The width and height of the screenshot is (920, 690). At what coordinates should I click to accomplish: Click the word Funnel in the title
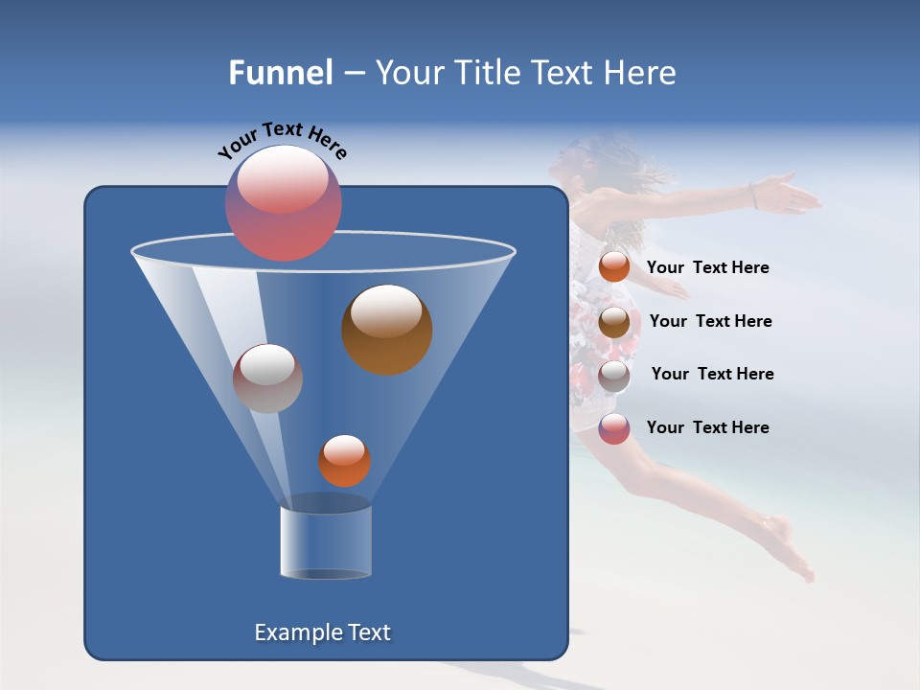280,73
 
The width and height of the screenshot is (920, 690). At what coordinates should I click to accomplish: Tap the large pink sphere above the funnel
284,203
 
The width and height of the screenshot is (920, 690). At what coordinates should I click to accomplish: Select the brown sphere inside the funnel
387,330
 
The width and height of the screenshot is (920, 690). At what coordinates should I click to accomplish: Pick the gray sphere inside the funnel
267,379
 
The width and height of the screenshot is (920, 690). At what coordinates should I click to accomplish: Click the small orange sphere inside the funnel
344,461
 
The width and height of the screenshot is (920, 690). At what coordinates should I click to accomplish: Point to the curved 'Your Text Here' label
283,140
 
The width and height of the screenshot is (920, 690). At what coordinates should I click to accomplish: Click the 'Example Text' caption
323,632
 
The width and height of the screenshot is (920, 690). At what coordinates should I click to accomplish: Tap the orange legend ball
614,267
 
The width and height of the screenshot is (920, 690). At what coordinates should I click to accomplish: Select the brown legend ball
614,321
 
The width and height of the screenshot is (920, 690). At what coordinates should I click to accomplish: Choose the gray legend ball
614,375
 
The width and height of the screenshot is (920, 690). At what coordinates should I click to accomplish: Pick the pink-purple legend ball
614,428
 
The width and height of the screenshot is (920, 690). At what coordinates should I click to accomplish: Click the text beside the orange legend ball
708,268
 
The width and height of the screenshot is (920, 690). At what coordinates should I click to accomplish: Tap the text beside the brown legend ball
711,321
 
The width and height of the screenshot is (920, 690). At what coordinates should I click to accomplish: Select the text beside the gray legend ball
713,374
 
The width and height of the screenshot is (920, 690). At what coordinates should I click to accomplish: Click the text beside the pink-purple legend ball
708,427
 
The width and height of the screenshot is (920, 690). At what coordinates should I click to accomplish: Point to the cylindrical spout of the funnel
326,541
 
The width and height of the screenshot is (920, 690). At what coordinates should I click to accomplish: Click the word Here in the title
640,73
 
